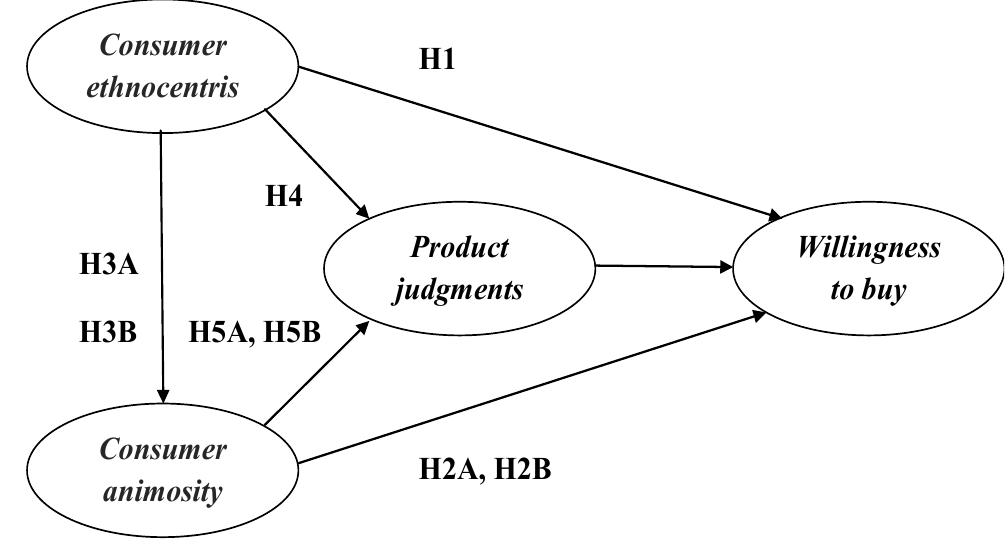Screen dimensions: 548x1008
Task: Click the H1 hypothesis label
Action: coord(437,60)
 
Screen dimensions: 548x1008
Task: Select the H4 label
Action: coord(283,196)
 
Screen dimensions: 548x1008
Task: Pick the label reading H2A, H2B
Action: coord(484,469)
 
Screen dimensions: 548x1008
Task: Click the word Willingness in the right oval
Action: coord(868,248)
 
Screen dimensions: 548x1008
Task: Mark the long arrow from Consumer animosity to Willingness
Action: coord(530,388)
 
